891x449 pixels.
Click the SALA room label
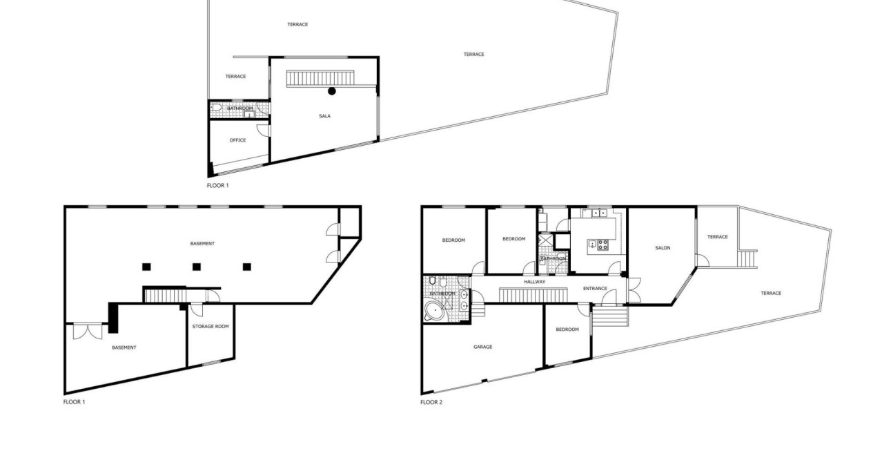(324, 116)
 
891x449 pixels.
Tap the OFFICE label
(237, 140)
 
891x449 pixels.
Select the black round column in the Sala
(332, 90)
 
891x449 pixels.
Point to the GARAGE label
(482, 347)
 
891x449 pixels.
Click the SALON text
(663, 248)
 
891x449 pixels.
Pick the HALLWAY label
(534, 282)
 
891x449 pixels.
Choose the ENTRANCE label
(595, 288)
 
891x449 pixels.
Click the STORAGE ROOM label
(210, 327)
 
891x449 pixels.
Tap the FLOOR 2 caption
(431, 402)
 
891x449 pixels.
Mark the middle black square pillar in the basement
(196, 266)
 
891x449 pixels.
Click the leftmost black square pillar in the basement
(146, 266)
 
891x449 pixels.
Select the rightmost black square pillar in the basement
(246, 266)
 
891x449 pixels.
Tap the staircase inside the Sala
(321, 78)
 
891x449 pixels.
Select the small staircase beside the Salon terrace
(747, 259)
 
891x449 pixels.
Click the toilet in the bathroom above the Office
(217, 108)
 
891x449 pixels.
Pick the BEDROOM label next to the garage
(567, 329)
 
